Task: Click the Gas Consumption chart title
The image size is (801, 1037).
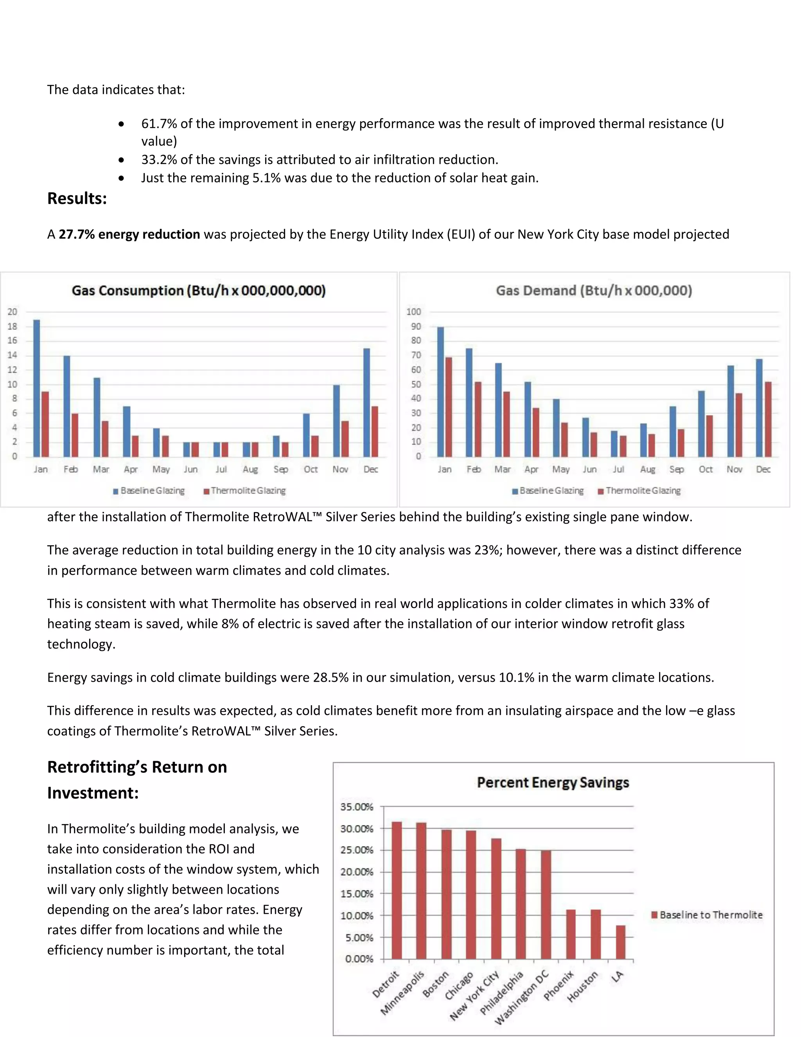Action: (x=199, y=291)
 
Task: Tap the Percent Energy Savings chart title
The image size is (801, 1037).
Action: (x=553, y=783)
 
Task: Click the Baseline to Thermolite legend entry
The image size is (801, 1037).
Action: (x=707, y=915)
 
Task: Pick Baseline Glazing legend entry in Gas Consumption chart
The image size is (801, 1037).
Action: (x=149, y=490)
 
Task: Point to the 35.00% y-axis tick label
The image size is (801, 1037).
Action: (x=357, y=807)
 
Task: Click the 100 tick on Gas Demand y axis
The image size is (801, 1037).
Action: (x=413, y=311)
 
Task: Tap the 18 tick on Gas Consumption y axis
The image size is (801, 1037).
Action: (x=13, y=326)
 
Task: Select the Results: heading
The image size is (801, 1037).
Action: (x=77, y=198)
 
